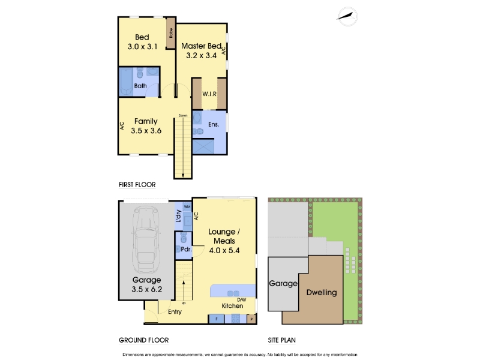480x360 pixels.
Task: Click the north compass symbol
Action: point(346,16)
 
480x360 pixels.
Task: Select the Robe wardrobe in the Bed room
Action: point(170,32)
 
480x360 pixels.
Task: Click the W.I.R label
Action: point(209,94)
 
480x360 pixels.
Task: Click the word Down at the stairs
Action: point(183,115)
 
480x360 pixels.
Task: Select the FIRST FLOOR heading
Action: point(136,185)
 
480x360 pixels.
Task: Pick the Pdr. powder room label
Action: point(185,249)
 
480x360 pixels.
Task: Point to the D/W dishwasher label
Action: point(242,299)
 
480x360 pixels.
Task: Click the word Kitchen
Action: point(232,306)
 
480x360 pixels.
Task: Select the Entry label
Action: point(175,311)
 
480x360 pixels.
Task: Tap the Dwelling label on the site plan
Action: point(322,293)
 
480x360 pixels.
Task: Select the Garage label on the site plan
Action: point(283,283)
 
